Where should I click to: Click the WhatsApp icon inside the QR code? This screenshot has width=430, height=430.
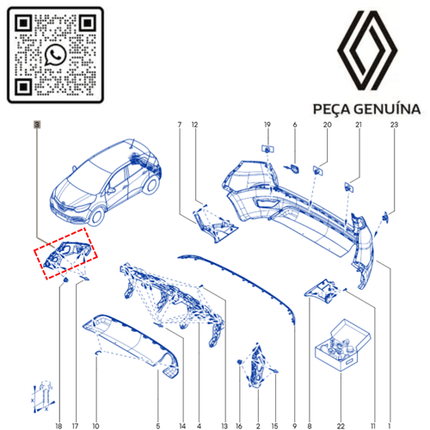(x=56, y=54)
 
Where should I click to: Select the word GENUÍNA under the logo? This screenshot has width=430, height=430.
(x=387, y=110)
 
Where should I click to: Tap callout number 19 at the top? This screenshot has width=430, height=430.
(x=267, y=126)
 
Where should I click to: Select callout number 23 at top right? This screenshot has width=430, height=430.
(x=395, y=126)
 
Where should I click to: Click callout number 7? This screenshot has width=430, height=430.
(x=179, y=126)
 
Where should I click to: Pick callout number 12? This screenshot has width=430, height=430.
(x=195, y=126)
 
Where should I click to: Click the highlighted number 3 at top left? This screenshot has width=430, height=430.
(x=37, y=126)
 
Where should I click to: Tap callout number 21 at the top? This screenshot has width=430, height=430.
(x=359, y=126)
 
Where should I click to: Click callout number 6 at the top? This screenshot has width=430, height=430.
(x=294, y=126)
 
